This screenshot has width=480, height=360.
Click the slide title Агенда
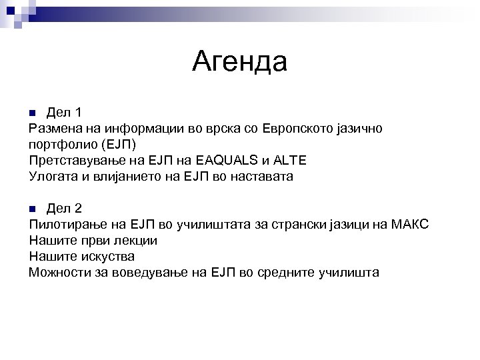239,62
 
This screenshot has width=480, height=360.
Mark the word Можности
57,273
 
